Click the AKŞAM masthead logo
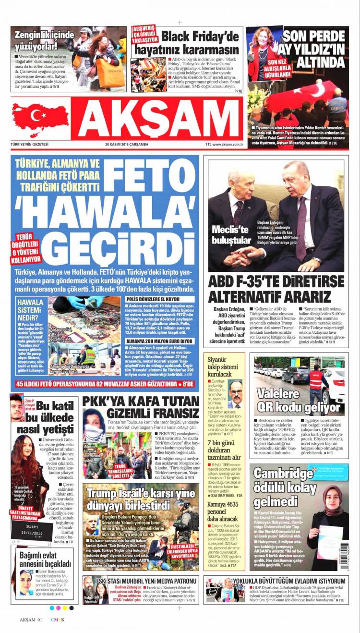tap(157, 119)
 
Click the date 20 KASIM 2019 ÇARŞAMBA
tap(127, 144)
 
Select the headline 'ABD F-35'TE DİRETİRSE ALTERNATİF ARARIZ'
tap(276, 289)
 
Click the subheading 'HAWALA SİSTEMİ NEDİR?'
tap(30, 311)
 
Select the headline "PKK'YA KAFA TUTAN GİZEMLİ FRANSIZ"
tap(140, 407)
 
